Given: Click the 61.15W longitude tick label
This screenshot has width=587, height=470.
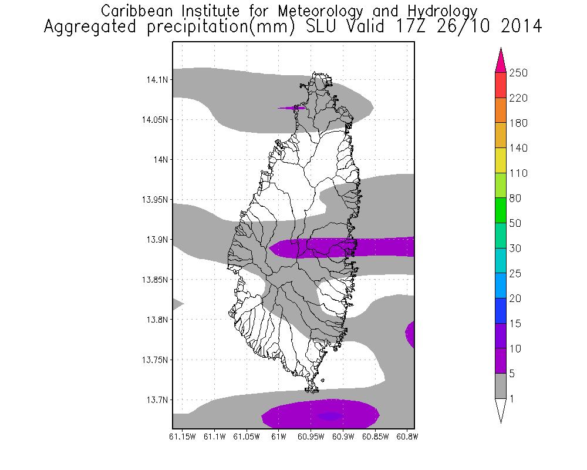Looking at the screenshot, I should point(181,437).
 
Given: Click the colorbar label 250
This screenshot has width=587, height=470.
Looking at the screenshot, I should point(519,73).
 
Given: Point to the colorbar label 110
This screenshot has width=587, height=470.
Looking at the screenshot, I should point(519,173).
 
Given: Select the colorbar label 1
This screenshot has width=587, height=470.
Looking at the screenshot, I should point(513,399).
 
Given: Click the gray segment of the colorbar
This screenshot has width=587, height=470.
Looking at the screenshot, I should point(500,386).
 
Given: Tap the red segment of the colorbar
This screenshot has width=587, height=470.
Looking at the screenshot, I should point(500,85).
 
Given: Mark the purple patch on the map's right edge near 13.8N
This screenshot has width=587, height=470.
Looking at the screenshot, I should point(410,334).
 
